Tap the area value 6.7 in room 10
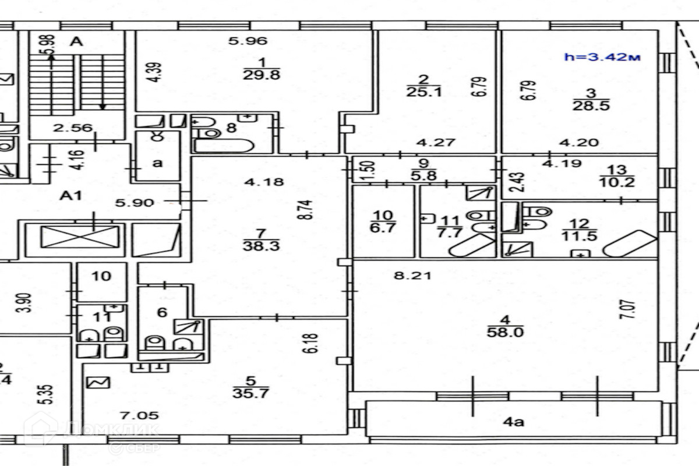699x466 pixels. click(383, 227)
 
